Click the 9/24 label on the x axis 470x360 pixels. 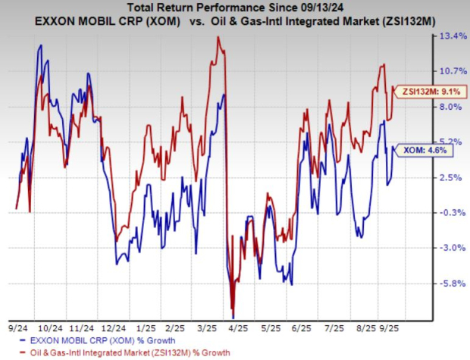coord(17,328)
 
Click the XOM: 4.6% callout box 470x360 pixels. coord(415,151)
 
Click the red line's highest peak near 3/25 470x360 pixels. coord(218,37)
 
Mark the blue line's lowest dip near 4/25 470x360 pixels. coord(233,317)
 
